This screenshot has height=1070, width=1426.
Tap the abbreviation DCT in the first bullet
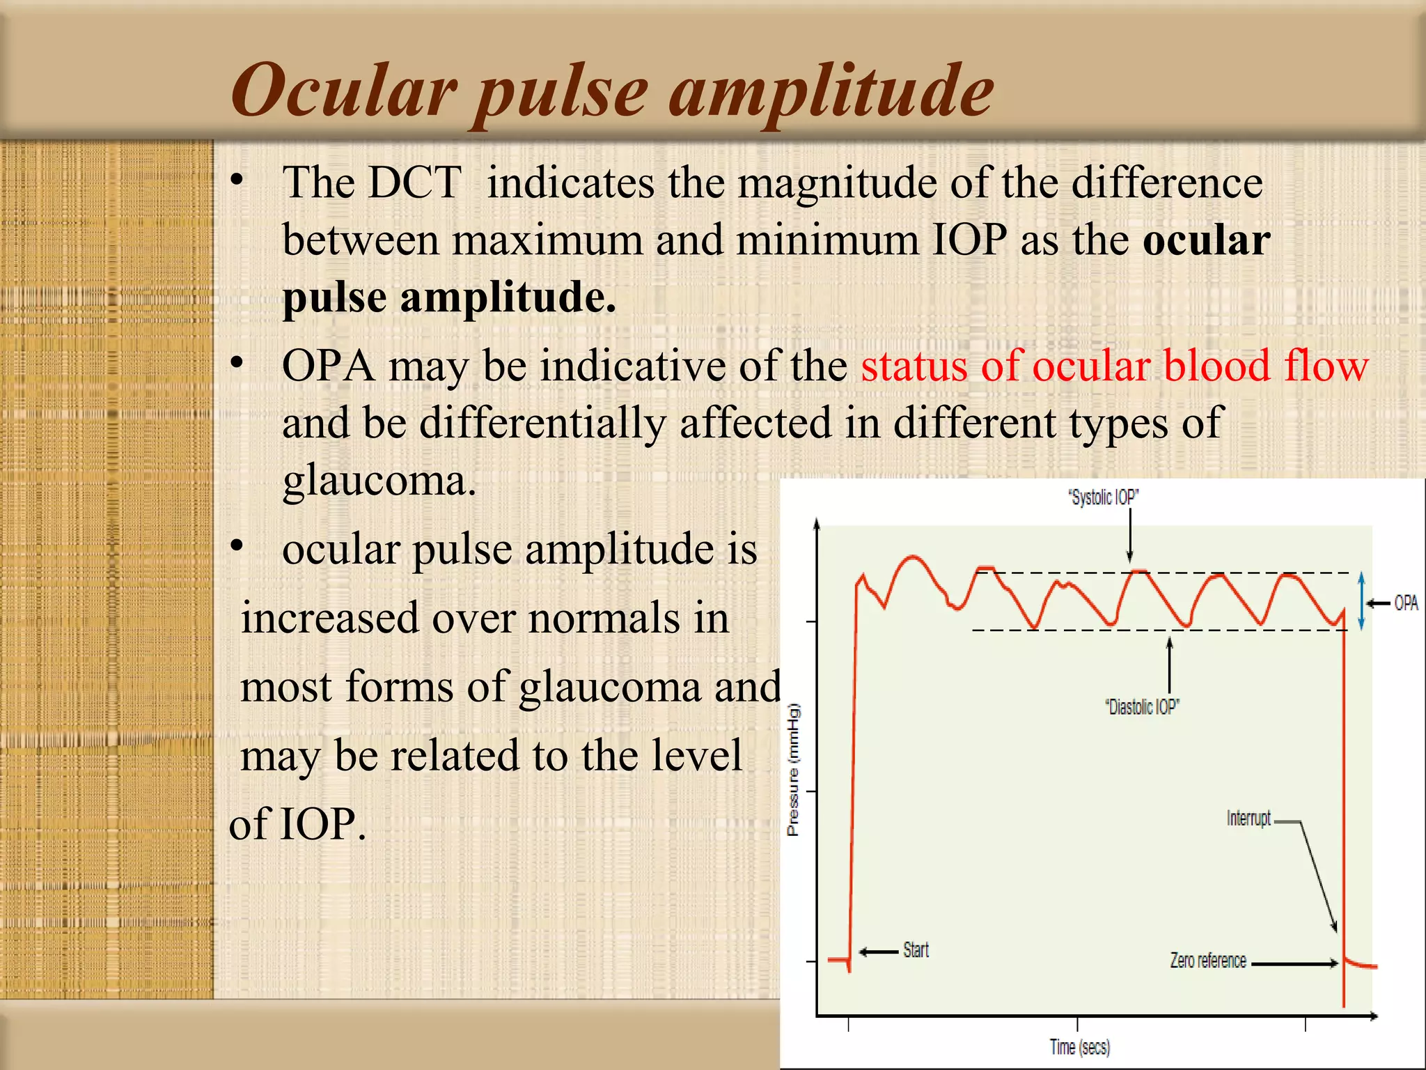(414, 183)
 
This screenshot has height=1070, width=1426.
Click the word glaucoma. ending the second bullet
(379, 481)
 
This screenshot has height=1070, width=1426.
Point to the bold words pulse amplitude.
(448, 297)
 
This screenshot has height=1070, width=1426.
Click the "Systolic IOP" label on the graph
(1104, 497)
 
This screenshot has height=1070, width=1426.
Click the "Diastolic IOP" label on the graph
(1142, 707)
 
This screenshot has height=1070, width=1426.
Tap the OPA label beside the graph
(1406, 603)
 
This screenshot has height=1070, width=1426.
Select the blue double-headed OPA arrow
(1362, 600)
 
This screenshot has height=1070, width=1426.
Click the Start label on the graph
(916, 950)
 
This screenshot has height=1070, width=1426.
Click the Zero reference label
(1208, 961)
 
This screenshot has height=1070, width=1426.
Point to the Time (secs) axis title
(1079, 1047)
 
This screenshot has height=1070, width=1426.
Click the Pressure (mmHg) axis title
(793, 770)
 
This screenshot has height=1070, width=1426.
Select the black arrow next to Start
(879, 952)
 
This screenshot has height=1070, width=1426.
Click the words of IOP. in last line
(297, 824)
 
